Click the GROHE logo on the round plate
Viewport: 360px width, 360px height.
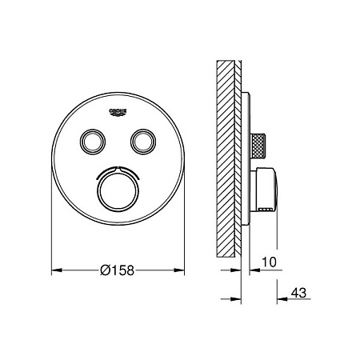tap(118, 112)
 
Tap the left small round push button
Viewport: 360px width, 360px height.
tap(93, 142)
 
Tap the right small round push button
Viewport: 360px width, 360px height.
tap(143, 142)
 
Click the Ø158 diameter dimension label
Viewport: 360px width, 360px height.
tap(118, 270)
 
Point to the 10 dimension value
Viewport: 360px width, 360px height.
tap(269, 262)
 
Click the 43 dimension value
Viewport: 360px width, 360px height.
tap(298, 293)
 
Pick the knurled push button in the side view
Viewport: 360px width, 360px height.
tap(258, 146)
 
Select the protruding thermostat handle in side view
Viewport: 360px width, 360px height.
tap(264, 190)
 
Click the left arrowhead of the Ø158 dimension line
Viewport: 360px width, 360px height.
tap(57, 270)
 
